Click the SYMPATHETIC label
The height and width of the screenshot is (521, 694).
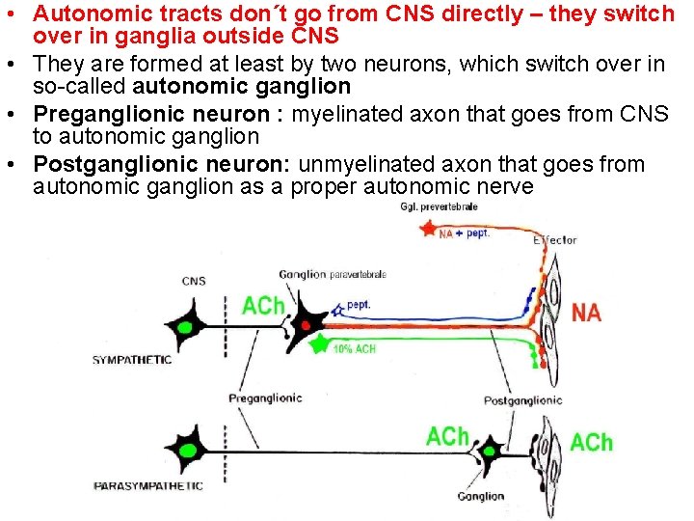[132, 360]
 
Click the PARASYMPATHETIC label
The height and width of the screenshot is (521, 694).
[148, 485]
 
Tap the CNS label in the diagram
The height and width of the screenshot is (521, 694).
[193, 282]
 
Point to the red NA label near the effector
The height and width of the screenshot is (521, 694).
[586, 312]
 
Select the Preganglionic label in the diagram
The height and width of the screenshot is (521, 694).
[265, 398]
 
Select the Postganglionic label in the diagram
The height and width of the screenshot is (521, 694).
[522, 400]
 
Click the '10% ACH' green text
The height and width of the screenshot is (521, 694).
[354, 349]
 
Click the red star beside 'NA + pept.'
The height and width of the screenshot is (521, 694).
[428, 229]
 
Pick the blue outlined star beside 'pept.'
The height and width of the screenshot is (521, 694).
[336, 308]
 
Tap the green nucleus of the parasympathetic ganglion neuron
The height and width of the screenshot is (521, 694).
[489, 450]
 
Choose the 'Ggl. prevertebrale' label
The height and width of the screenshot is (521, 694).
[439, 207]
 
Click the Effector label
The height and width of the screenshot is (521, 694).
[554, 240]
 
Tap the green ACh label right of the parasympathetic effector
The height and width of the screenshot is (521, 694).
[591, 442]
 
